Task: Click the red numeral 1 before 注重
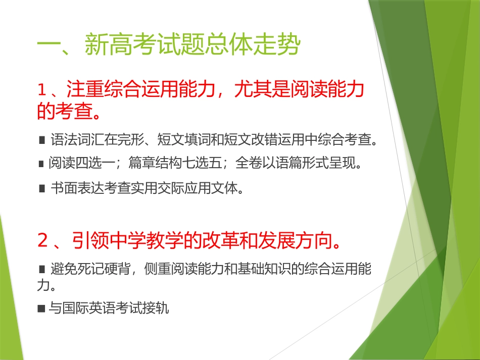[x=42, y=91]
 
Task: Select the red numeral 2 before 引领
[x=42, y=241]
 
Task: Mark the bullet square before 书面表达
[x=42, y=189]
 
